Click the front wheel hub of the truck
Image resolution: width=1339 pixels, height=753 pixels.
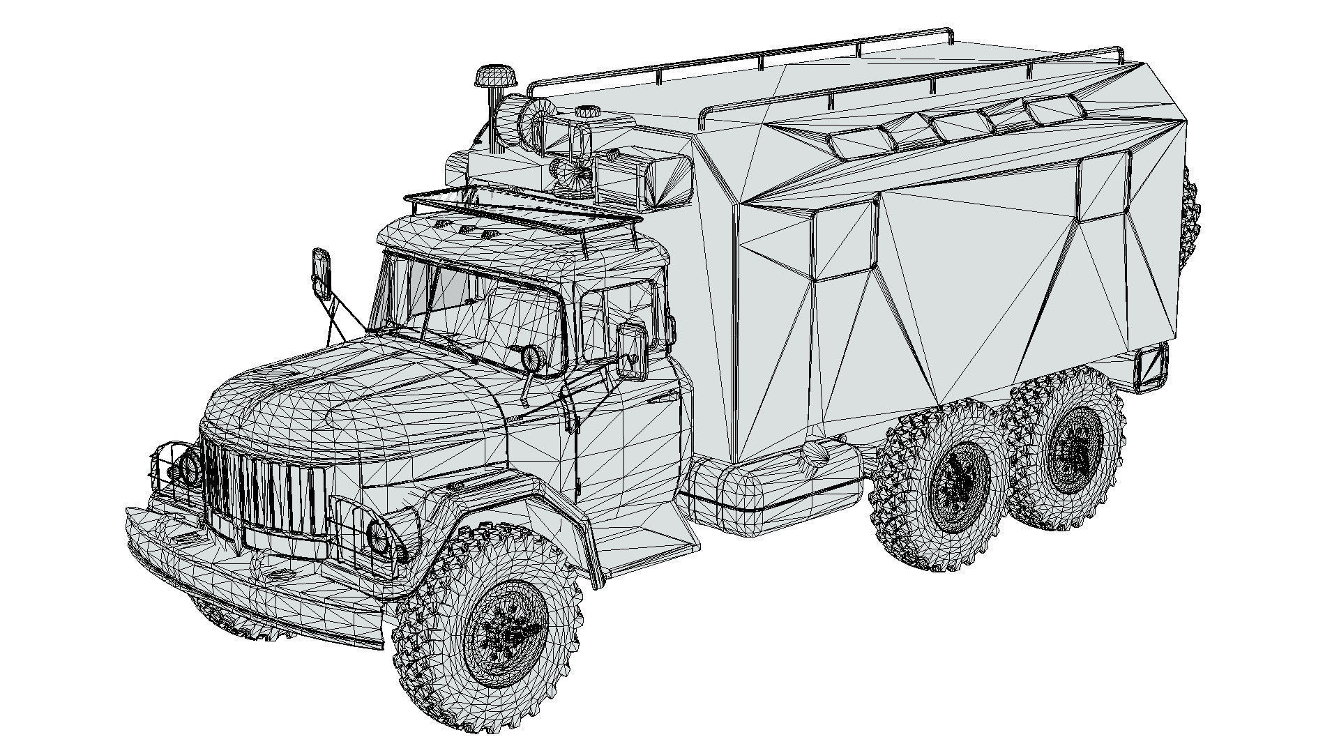click(504, 634)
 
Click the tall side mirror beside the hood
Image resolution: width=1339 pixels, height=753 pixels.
click(321, 273)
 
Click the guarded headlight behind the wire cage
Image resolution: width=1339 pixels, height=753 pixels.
click(188, 466)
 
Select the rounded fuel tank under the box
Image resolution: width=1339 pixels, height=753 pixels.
click(774, 488)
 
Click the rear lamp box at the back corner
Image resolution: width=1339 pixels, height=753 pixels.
click(1152, 366)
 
